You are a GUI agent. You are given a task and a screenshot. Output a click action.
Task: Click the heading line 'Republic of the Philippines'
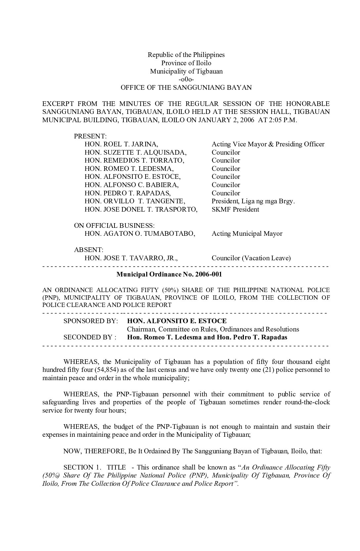pyautogui.click(x=186, y=55)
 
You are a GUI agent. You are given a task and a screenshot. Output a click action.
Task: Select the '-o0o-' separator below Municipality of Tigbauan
pyautogui.click(x=186, y=79)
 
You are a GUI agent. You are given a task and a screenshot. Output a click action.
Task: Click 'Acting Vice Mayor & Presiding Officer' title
pyautogui.click(x=268, y=144)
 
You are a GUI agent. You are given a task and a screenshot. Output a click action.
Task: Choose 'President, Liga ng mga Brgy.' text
pyautogui.click(x=253, y=201)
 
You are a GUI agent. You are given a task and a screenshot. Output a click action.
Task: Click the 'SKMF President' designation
pyautogui.click(x=235, y=209)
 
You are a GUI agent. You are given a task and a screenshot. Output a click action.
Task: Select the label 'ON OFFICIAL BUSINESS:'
pyautogui.click(x=114, y=225)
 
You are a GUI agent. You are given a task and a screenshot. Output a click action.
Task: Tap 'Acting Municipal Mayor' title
pyautogui.click(x=247, y=233)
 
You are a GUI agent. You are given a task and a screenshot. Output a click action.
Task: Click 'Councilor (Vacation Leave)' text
pyautogui.click(x=251, y=258)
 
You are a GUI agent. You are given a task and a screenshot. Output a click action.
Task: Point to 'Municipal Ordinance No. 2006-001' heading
pyautogui.click(x=169, y=274)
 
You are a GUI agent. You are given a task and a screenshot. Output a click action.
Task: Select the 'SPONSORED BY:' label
pyautogui.click(x=91, y=321)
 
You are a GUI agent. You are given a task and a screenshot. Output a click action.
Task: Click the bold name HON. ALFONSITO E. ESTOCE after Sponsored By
pyautogui.click(x=177, y=321)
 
